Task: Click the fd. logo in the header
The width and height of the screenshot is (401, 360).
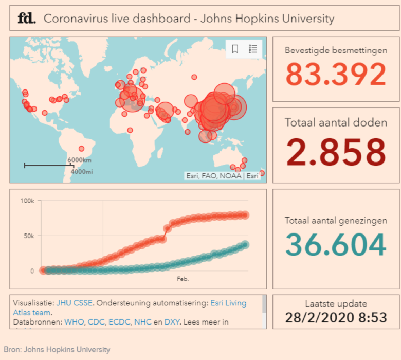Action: pyautogui.click(x=26, y=19)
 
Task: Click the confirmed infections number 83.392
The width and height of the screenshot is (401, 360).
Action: pyautogui.click(x=336, y=74)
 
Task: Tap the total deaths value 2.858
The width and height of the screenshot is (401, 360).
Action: pyautogui.click(x=336, y=152)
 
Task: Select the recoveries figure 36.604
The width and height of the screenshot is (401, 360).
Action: pyautogui.click(x=336, y=245)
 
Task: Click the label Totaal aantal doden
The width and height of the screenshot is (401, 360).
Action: pyautogui.click(x=336, y=122)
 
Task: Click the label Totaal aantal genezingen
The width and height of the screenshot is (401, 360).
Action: pyautogui.click(x=336, y=220)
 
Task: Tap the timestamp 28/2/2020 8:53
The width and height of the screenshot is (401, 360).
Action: pyautogui.click(x=336, y=317)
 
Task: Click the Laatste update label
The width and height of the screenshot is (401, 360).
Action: pyautogui.click(x=336, y=303)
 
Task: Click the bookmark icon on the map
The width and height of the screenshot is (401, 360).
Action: pyautogui.click(x=235, y=49)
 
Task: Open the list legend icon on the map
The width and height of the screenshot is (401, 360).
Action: pyautogui.click(x=253, y=49)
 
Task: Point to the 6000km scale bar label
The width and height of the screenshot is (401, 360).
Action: pyautogui.click(x=80, y=160)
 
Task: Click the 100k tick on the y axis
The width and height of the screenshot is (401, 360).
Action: pyautogui.click(x=27, y=200)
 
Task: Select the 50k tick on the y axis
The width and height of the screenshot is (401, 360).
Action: pyautogui.click(x=28, y=236)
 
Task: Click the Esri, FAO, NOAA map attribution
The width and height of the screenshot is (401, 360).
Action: pyautogui.click(x=214, y=176)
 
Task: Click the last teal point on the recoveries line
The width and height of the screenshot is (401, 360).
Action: pyautogui.click(x=245, y=244)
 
